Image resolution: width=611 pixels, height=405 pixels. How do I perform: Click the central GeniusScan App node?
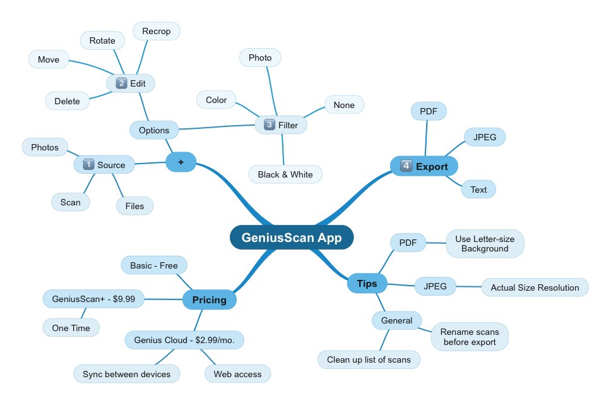pos(291,238)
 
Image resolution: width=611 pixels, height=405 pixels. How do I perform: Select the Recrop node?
pos(156,31)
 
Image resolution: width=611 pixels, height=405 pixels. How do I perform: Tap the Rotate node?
pos(102,40)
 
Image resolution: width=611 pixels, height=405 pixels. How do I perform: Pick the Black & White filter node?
pos(285,174)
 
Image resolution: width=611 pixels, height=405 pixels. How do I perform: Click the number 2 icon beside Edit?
pos(121,83)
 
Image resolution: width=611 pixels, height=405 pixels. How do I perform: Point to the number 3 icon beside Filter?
pos(270,125)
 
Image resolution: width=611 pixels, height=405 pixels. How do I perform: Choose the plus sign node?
pos(181,162)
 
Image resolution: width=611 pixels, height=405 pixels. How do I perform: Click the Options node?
pos(154,130)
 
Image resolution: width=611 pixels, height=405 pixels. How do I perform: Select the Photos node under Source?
pos(45,147)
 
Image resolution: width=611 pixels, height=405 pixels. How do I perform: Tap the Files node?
pos(134,205)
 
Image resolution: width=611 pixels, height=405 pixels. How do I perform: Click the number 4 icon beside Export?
pos(406,166)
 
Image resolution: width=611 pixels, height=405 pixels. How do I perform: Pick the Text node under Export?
pos(478,190)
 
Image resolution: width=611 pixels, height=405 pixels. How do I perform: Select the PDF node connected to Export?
pos(429,112)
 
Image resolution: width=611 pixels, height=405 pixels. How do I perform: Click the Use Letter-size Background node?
pos(485,244)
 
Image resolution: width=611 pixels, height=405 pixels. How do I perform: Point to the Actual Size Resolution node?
pos(535,287)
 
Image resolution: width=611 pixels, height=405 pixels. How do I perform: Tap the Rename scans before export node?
pos(470,337)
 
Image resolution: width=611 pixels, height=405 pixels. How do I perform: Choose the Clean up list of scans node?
pos(369,360)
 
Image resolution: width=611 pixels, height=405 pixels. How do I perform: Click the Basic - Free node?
pos(154,265)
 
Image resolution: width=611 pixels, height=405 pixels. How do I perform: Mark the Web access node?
pos(237,374)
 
